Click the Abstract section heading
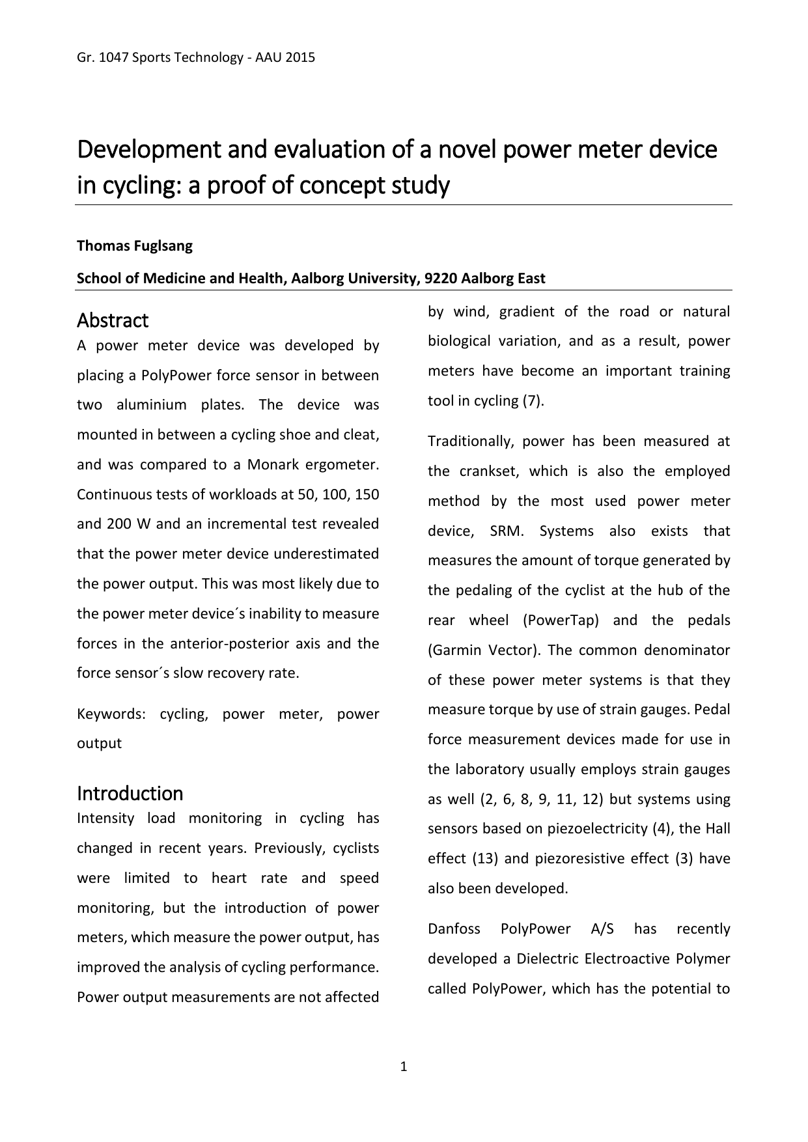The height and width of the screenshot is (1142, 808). [x=113, y=320]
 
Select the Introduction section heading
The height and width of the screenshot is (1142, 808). [x=130, y=793]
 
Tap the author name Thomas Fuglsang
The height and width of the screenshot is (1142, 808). [x=135, y=246]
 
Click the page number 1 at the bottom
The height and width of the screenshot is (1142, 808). [x=404, y=1066]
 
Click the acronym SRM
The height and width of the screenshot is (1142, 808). [x=506, y=531]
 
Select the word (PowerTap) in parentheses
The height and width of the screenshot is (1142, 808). [x=561, y=620]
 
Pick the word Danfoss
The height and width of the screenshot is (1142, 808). [x=454, y=928]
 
